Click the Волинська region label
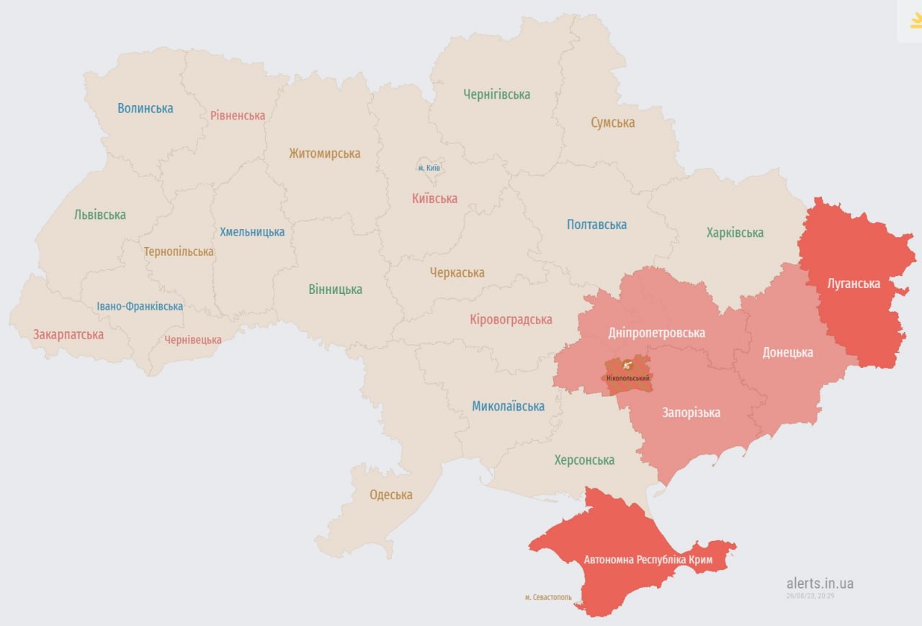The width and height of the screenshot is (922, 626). [146, 108]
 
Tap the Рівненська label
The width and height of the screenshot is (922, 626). [238, 115]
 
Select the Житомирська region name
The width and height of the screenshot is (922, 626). [324, 153]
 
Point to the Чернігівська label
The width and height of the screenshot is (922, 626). [497, 94]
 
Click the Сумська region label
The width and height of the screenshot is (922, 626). [613, 122]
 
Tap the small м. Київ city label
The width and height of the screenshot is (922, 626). [429, 168]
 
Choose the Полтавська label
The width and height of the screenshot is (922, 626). [596, 225]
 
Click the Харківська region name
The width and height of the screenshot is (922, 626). [735, 233]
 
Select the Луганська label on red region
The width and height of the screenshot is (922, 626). [853, 283]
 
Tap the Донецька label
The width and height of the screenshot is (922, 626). [788, 352]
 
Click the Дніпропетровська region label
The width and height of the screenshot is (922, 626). [656, 333]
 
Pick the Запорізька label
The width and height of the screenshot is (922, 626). [691, 413]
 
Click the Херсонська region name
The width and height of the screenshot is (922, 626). [584, 460]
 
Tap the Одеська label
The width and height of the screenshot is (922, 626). [391, 495]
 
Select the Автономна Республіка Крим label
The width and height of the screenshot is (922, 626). [648, 559]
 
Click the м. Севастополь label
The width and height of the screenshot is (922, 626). [548, 597]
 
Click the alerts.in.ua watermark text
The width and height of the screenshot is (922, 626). [820, 583]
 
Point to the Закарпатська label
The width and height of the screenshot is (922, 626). [68, 334]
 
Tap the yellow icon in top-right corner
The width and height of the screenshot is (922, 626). [915, 22]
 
